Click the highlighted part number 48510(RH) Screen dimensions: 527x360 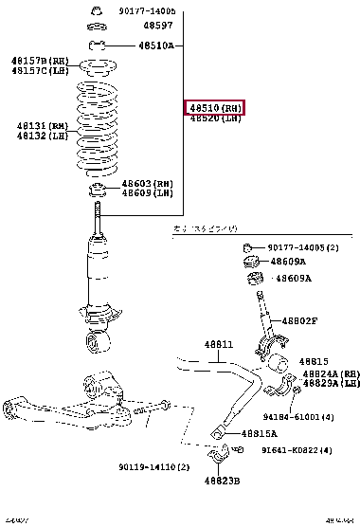(214, 108)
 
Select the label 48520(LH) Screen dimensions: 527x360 (214, 119)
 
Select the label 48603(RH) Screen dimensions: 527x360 (147, 183)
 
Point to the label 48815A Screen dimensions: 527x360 (259, 433)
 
